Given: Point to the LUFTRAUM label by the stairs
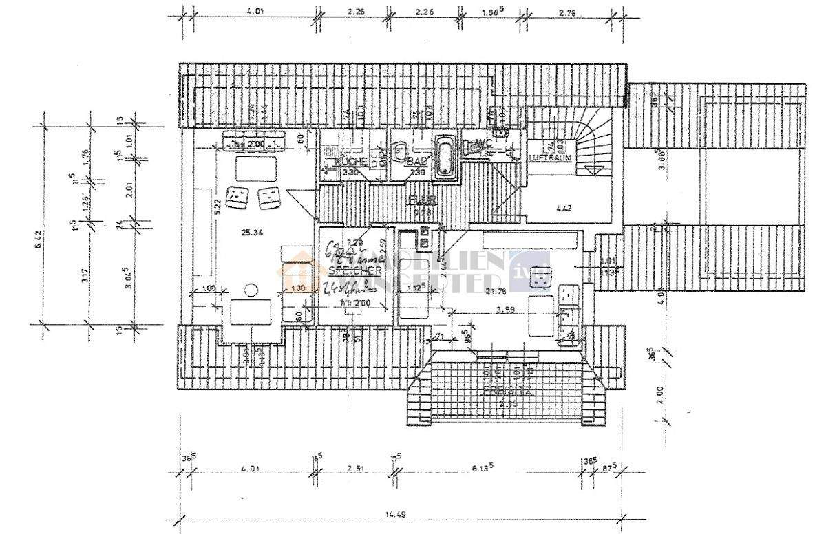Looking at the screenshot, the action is click(547, 158).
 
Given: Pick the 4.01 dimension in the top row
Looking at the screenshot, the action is click(255, 11).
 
